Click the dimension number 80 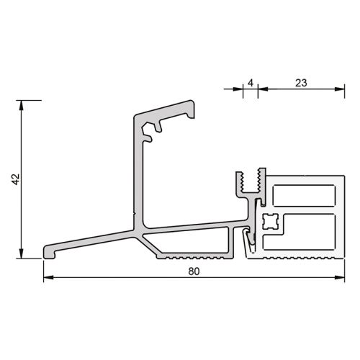click(193, 272)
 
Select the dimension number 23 click(301, 82)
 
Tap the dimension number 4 click(250, 82)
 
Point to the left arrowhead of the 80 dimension click(48, 278)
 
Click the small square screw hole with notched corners click(270, 220)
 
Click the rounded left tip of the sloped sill click(48, 250)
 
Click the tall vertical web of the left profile click(138, 180)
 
